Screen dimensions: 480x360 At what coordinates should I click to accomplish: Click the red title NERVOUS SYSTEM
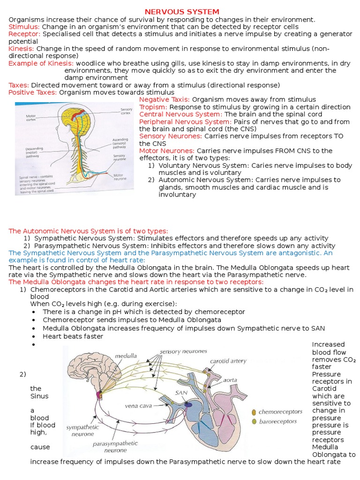(182, 12)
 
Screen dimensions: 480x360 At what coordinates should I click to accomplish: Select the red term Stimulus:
(24, 27)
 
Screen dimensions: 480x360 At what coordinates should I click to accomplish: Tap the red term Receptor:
(24, 34)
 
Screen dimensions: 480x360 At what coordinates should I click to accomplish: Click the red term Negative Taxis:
(165, 99)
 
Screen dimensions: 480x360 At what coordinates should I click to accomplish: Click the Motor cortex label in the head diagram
(31, 117)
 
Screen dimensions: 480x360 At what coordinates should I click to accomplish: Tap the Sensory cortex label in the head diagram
(125, 111)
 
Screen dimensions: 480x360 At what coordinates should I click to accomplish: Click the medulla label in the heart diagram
(126, 356)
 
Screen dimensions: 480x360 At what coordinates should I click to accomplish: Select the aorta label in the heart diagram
(230, 380)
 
